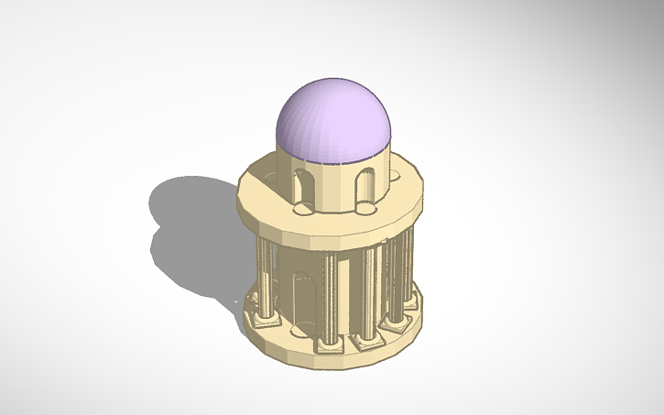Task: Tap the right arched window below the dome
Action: point(365,187)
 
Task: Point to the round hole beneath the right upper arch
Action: point(367,211)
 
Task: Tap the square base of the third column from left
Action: point(368,340)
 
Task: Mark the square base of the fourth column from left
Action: point(397,322)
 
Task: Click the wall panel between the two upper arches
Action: point(334,188)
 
